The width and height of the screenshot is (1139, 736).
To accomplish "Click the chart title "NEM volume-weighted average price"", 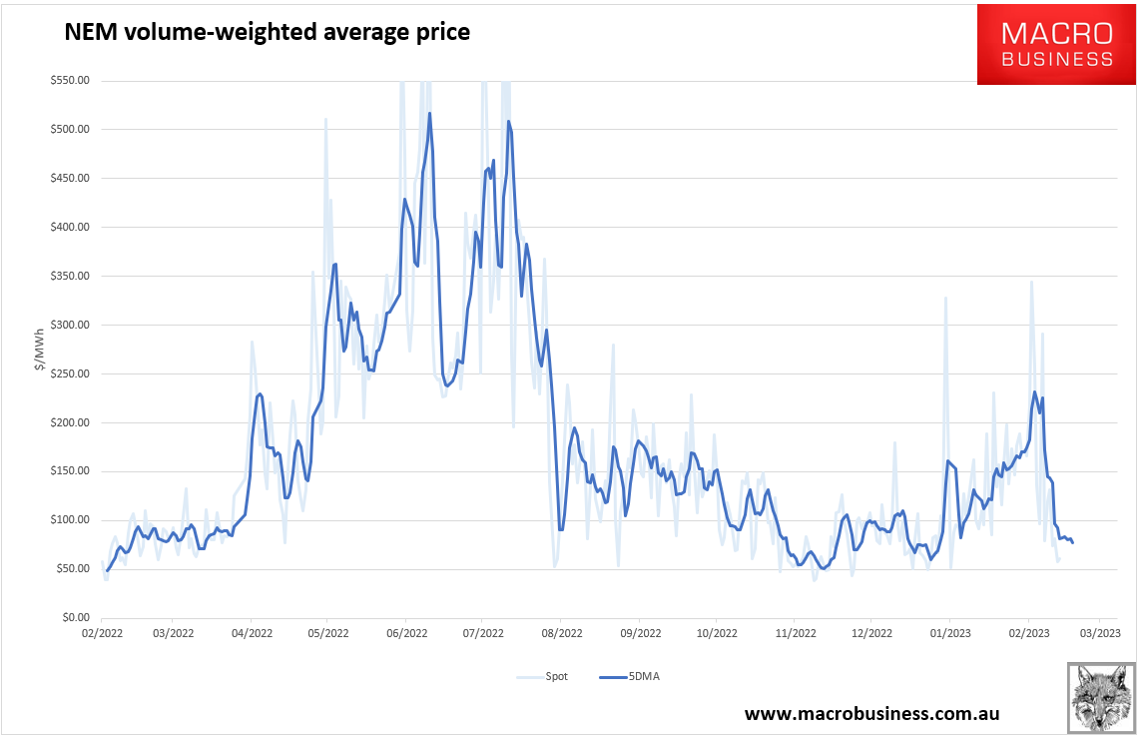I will coord(267,33).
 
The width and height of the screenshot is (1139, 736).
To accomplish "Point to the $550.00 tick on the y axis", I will coord(70,81).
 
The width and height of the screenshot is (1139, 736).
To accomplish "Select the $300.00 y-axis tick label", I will coord(70,326).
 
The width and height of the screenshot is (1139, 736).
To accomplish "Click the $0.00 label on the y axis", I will coord(74,618).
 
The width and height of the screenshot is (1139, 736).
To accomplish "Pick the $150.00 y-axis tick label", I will coord(70,471).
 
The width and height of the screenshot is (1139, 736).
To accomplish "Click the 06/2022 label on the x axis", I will coord(406,633).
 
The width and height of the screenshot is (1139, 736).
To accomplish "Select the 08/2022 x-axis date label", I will coord(561,633).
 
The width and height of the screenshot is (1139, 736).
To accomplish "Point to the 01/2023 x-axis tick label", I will coord(949,633).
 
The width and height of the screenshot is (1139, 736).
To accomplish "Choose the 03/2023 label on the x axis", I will coord(1101,633).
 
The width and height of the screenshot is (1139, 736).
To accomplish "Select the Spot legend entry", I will coord(543,677).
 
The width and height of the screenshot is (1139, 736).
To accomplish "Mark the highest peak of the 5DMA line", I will coord(429,113).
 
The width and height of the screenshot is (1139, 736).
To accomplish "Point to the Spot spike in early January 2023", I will coord(944,298).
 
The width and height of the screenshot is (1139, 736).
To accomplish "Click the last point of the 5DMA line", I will coord(1073,542).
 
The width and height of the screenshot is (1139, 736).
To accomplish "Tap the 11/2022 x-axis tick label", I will coord(792,633).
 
